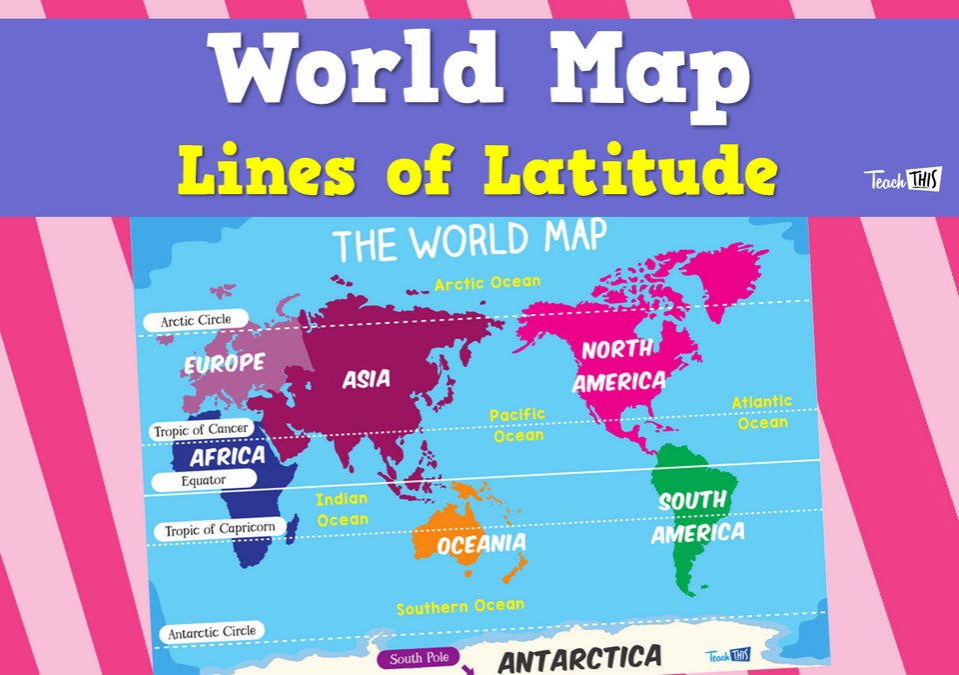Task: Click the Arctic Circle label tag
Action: click(197, 321)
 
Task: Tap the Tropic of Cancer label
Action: click(202, 430)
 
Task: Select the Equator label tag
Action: click(204, 480)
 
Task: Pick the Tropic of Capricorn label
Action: click(214, 528)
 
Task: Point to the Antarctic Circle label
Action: click(212, 631)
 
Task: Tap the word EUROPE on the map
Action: click(224, 363)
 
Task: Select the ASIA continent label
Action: click(366, 379)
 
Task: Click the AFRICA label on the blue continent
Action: click(228, 457)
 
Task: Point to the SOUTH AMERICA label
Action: click(695, 516)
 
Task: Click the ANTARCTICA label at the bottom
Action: click(579, 659)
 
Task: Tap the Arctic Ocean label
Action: click(486, 284)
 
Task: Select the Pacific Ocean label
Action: click(516, 425)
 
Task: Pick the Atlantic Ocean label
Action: click(761, 412)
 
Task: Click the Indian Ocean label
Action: click(342, 509)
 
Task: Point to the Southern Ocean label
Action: click(460, 606)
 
